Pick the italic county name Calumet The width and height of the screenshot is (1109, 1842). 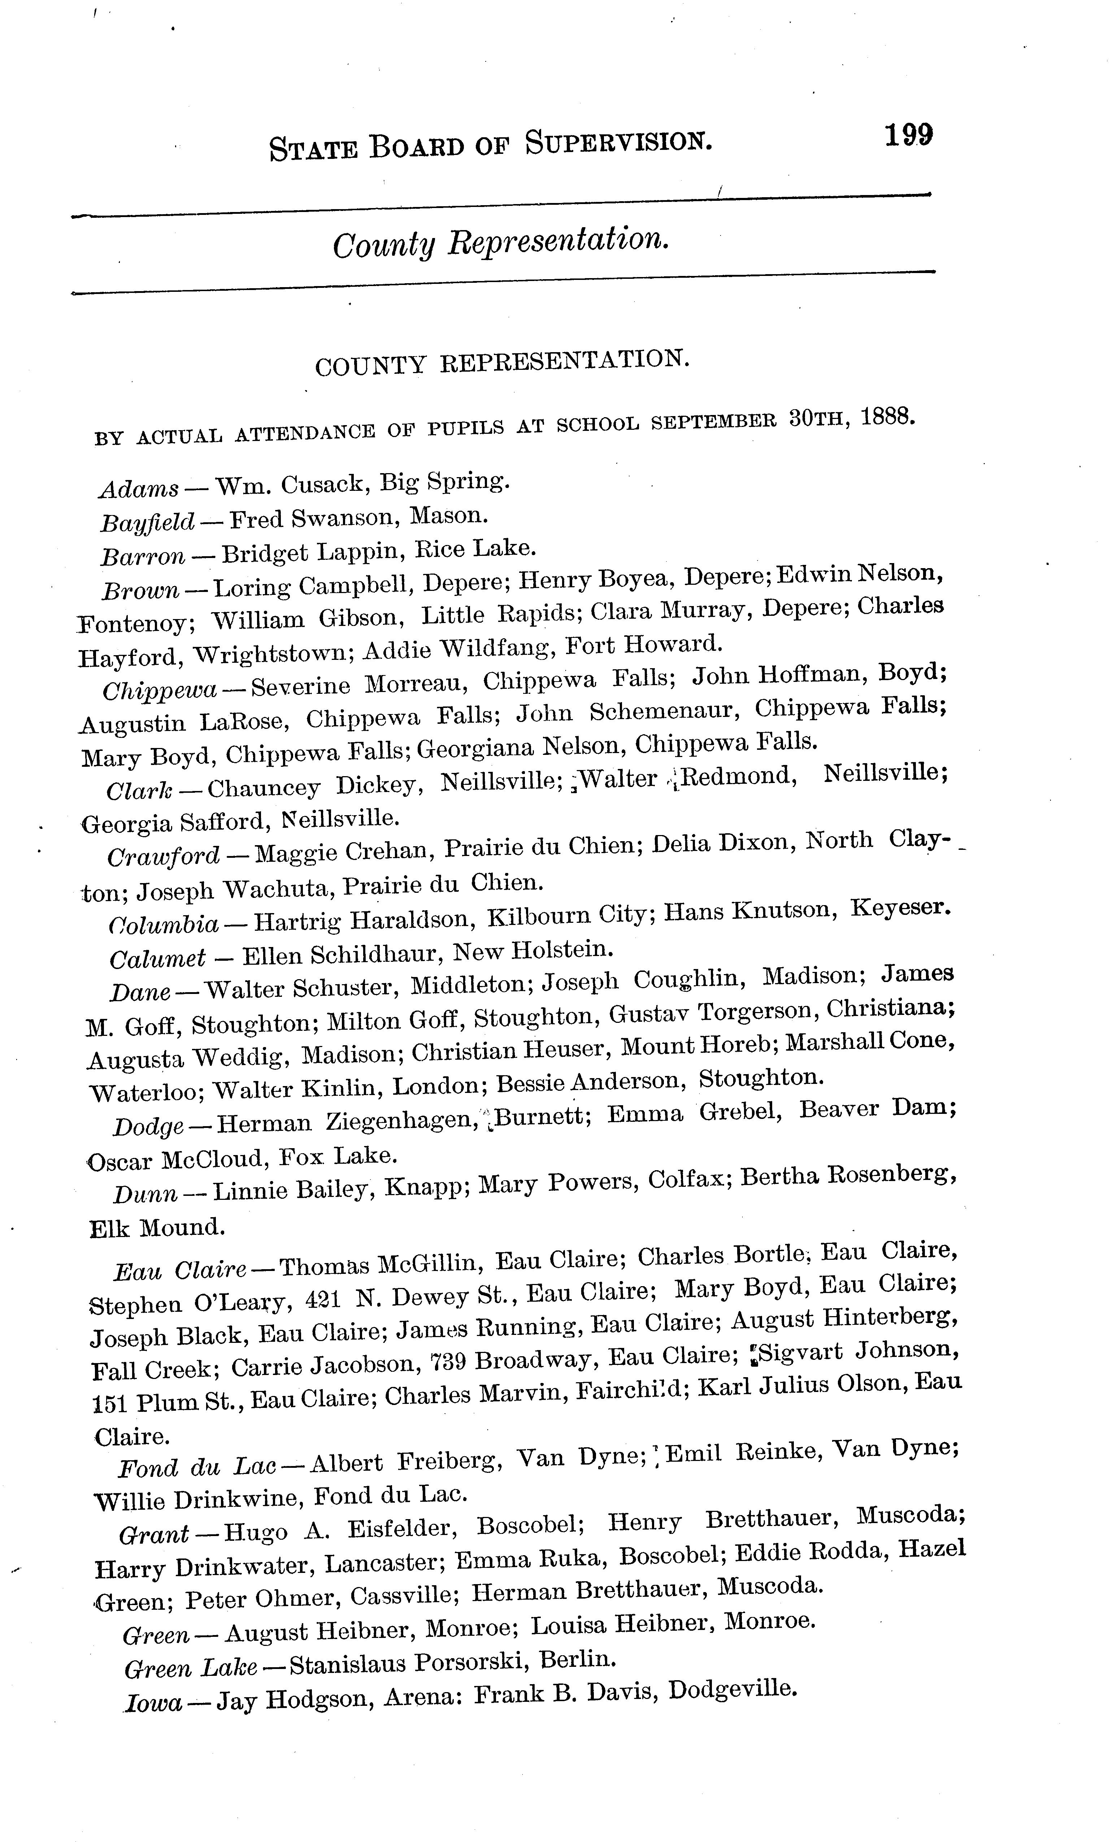(158, 958)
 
